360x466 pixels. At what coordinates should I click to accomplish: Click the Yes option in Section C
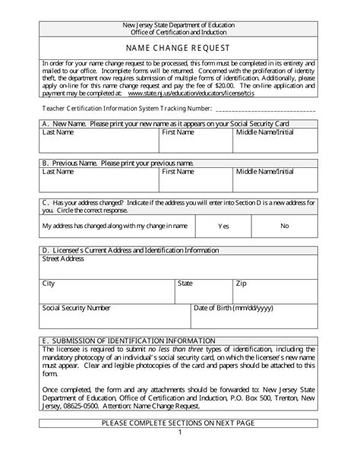point(223,226)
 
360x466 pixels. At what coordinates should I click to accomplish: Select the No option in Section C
point(285,226)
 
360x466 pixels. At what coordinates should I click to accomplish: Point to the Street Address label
point(63,258)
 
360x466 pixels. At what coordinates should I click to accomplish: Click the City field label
point(49,283)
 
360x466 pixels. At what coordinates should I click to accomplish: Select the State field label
point(185,283)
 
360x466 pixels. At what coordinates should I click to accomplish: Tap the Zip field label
point(241,283)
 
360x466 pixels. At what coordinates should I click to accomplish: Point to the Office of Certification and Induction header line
point(180,32)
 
